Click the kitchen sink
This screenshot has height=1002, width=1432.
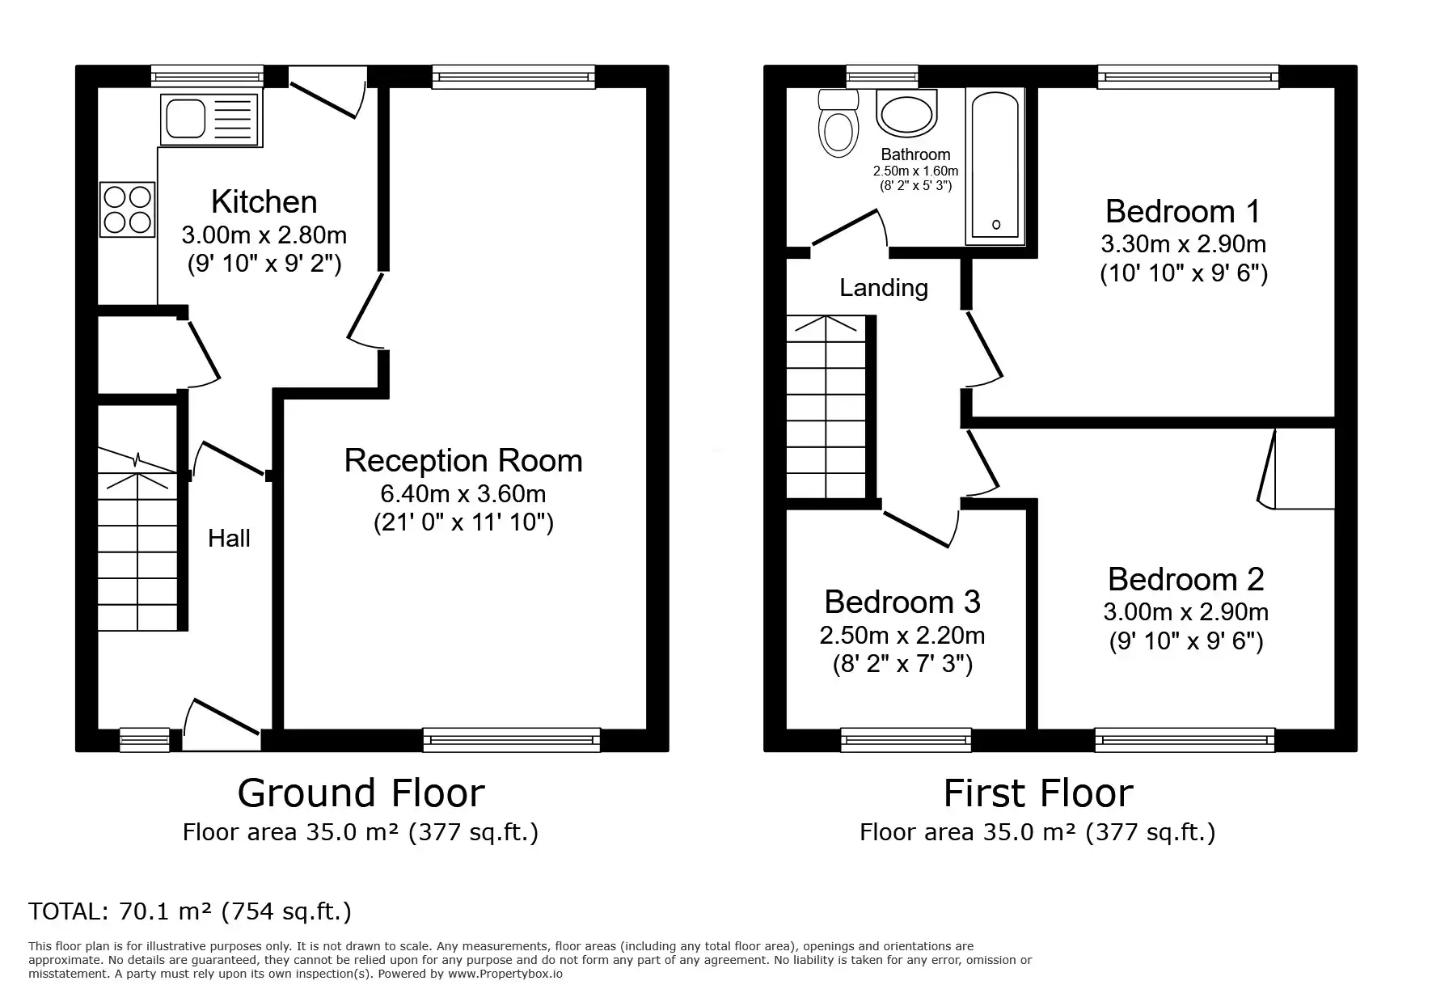211,120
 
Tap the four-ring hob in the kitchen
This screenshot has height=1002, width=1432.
128,210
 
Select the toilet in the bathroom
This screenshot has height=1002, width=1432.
839,123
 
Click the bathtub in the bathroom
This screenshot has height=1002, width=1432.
995,166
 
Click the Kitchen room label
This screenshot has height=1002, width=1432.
264,202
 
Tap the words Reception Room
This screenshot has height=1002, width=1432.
463,461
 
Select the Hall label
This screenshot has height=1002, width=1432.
229,539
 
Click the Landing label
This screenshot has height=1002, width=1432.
884,289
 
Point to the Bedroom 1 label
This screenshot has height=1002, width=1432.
1183,212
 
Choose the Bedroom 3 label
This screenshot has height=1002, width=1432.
902,602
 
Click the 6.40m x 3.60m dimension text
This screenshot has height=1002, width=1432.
463,493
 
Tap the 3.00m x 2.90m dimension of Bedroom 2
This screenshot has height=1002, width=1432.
1185,612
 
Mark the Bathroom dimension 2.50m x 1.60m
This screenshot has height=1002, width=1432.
915,171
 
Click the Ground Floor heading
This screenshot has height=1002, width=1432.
361,793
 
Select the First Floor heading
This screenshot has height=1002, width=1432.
1038,793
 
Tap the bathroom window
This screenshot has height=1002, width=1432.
882,77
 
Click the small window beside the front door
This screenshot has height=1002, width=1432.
145,740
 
